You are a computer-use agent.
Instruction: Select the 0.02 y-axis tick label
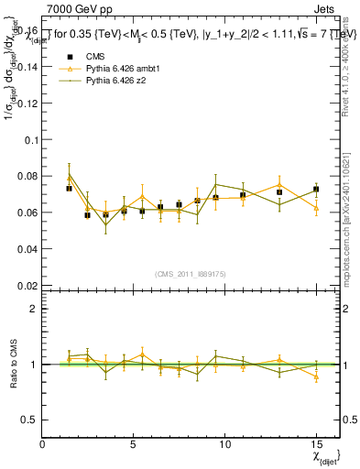point(27,285)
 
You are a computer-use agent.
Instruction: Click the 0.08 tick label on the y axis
point(27,176)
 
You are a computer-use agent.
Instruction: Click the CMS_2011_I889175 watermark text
point(191,273)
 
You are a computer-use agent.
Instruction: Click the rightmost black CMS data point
point(316,190)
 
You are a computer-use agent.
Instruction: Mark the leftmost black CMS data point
point(70,189)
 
